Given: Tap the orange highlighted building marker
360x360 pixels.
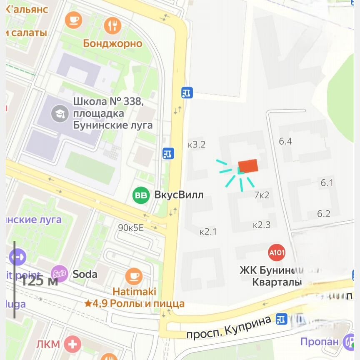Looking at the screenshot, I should click(248, 166).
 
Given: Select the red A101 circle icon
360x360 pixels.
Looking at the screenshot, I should click(277, 252).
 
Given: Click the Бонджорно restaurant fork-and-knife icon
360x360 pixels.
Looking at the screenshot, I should click(112, 26).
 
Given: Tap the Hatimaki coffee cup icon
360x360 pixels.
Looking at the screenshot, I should click(133, 276).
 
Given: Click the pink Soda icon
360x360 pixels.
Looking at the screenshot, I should click(59, 274).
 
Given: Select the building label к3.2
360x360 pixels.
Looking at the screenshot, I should click(197, 145).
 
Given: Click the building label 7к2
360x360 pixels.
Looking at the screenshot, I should click(262, 195).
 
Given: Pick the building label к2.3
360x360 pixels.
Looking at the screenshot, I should click(262, 225).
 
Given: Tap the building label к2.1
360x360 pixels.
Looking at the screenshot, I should click(208, 232).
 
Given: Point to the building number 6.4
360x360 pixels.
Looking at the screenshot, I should click(285, 141).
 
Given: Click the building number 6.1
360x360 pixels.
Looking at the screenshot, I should click(327, 182).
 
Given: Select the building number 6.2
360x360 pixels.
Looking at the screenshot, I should click(324, 214).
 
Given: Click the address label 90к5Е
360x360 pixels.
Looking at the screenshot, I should click(130, 227).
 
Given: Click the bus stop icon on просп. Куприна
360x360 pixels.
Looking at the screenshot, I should click(282, 319).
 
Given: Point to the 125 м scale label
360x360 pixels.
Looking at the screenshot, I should click(39, 280).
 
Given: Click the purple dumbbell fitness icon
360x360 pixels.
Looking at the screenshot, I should click(18, 257).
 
